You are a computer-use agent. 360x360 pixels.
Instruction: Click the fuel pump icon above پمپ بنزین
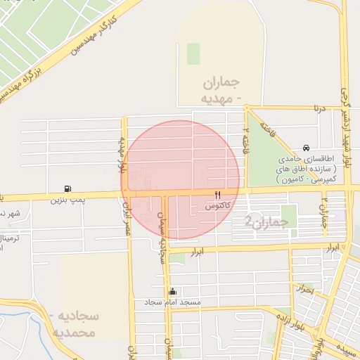[x=67, y=188]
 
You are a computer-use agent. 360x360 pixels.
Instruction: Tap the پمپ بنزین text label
[x=67, y=200]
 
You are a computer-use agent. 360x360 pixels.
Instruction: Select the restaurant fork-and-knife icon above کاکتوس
[x=218, y=195]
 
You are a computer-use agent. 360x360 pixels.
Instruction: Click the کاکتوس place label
[x=218, y=207]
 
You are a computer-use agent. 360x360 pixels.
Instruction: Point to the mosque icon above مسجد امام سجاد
[x=173, y=291]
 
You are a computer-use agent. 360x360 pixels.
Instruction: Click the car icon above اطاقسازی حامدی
[x=306, y=148]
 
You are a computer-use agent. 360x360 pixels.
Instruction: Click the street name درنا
[x=319, y=108]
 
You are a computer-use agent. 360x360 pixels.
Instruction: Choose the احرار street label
[x=304, y=288]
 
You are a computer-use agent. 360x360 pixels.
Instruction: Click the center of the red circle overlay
[x=181, y=180]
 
